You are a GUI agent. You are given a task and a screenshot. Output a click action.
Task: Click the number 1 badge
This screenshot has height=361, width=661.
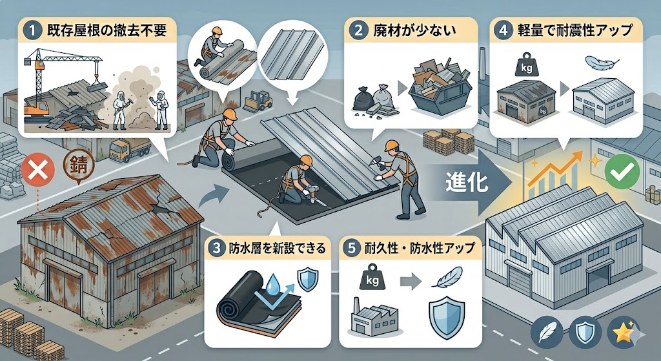pyautogui.click(x=32, y=31)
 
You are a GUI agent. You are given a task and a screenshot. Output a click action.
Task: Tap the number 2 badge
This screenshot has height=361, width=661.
pyautogui.click(x=359, y=31)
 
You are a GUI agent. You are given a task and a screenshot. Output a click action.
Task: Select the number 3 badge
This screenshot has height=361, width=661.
pyautogui.click(x=218, y=247)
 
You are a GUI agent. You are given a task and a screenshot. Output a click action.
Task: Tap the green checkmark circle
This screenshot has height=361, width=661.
pyautogui.click(x=622, y=171)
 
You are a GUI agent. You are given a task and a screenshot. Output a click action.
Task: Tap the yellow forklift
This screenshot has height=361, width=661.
pyautogui.click(x=258, y=101)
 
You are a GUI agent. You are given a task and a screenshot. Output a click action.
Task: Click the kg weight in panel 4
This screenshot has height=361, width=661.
pyautogui.click(x=526, y=65)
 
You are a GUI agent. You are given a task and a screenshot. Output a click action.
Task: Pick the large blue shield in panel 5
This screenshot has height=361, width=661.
pyautogui.click(x=446, y=317)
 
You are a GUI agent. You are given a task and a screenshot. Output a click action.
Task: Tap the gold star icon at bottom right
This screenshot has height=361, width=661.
pyautogui.click(x=623, y=331)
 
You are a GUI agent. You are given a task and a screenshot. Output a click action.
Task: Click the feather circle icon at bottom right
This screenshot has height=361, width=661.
pyautogui.click(x=546, y=331)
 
